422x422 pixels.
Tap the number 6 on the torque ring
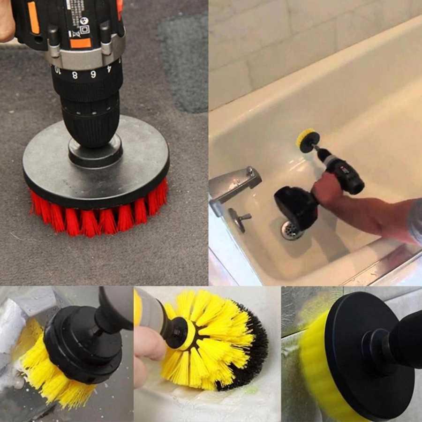(x=93, y=74)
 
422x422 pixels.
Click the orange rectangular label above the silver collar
(x=81, y=43)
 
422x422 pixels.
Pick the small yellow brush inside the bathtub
(x=307, y=140)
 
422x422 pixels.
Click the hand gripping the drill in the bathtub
(x=328, y=188)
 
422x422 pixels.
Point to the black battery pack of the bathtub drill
(x=295, y=206)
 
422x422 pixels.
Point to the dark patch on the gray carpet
(x=185, y=61)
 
